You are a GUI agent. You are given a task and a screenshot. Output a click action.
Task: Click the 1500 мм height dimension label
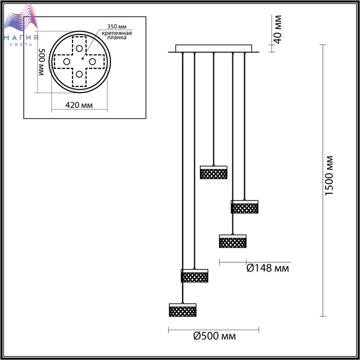329,176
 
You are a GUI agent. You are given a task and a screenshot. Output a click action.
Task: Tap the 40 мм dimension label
278,29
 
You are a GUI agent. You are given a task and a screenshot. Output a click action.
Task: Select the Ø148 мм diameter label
268,268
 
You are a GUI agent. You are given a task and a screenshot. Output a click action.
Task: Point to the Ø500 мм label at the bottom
214,336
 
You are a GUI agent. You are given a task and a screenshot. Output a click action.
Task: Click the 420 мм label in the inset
79,105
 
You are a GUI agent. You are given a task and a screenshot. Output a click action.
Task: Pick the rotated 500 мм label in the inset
41,62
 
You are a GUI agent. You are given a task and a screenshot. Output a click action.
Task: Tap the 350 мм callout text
117,27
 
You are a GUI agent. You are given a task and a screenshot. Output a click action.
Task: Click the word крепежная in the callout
117,33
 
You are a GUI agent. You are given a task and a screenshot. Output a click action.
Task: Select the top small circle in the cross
79,49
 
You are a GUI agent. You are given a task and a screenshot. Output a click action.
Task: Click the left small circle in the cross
66,62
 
